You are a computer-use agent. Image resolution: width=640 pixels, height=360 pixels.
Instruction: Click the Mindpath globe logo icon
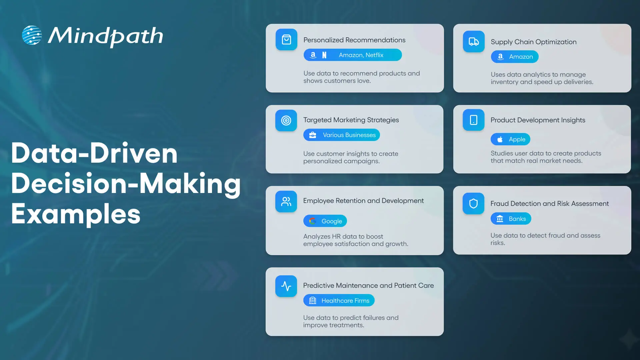32,35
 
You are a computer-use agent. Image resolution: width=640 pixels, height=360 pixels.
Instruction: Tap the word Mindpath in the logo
105,36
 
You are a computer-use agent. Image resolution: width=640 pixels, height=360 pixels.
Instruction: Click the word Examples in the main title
76,214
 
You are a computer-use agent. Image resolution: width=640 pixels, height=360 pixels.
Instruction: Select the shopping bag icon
286,40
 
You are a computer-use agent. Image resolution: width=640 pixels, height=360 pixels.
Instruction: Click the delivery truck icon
474,42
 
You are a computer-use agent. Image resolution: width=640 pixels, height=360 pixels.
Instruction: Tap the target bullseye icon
286,120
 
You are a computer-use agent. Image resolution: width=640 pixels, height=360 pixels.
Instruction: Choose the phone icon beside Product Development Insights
473,120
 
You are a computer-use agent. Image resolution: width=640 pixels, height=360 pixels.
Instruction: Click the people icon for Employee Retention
286,201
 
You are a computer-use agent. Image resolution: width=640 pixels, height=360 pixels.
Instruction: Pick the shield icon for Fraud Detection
473,203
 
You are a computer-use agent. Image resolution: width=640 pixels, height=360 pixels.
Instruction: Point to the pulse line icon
286,286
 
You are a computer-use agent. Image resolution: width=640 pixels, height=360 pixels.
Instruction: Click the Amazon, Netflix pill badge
353,55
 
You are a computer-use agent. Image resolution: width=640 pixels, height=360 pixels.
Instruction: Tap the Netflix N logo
324,55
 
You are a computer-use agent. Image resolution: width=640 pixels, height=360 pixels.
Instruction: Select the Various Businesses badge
341,135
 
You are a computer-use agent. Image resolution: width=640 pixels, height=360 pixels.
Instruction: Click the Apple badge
510,139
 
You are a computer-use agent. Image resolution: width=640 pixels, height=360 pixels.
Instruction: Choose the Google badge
325,221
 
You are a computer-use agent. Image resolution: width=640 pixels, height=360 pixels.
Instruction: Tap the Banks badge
511,219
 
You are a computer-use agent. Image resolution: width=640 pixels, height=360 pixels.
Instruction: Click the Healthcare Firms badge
339,300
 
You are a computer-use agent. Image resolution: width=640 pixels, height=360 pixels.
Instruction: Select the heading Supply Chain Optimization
533,42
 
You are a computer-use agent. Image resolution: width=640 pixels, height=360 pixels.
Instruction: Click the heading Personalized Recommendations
354,40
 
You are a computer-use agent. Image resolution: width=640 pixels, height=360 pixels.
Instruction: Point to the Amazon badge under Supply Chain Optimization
515,57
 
